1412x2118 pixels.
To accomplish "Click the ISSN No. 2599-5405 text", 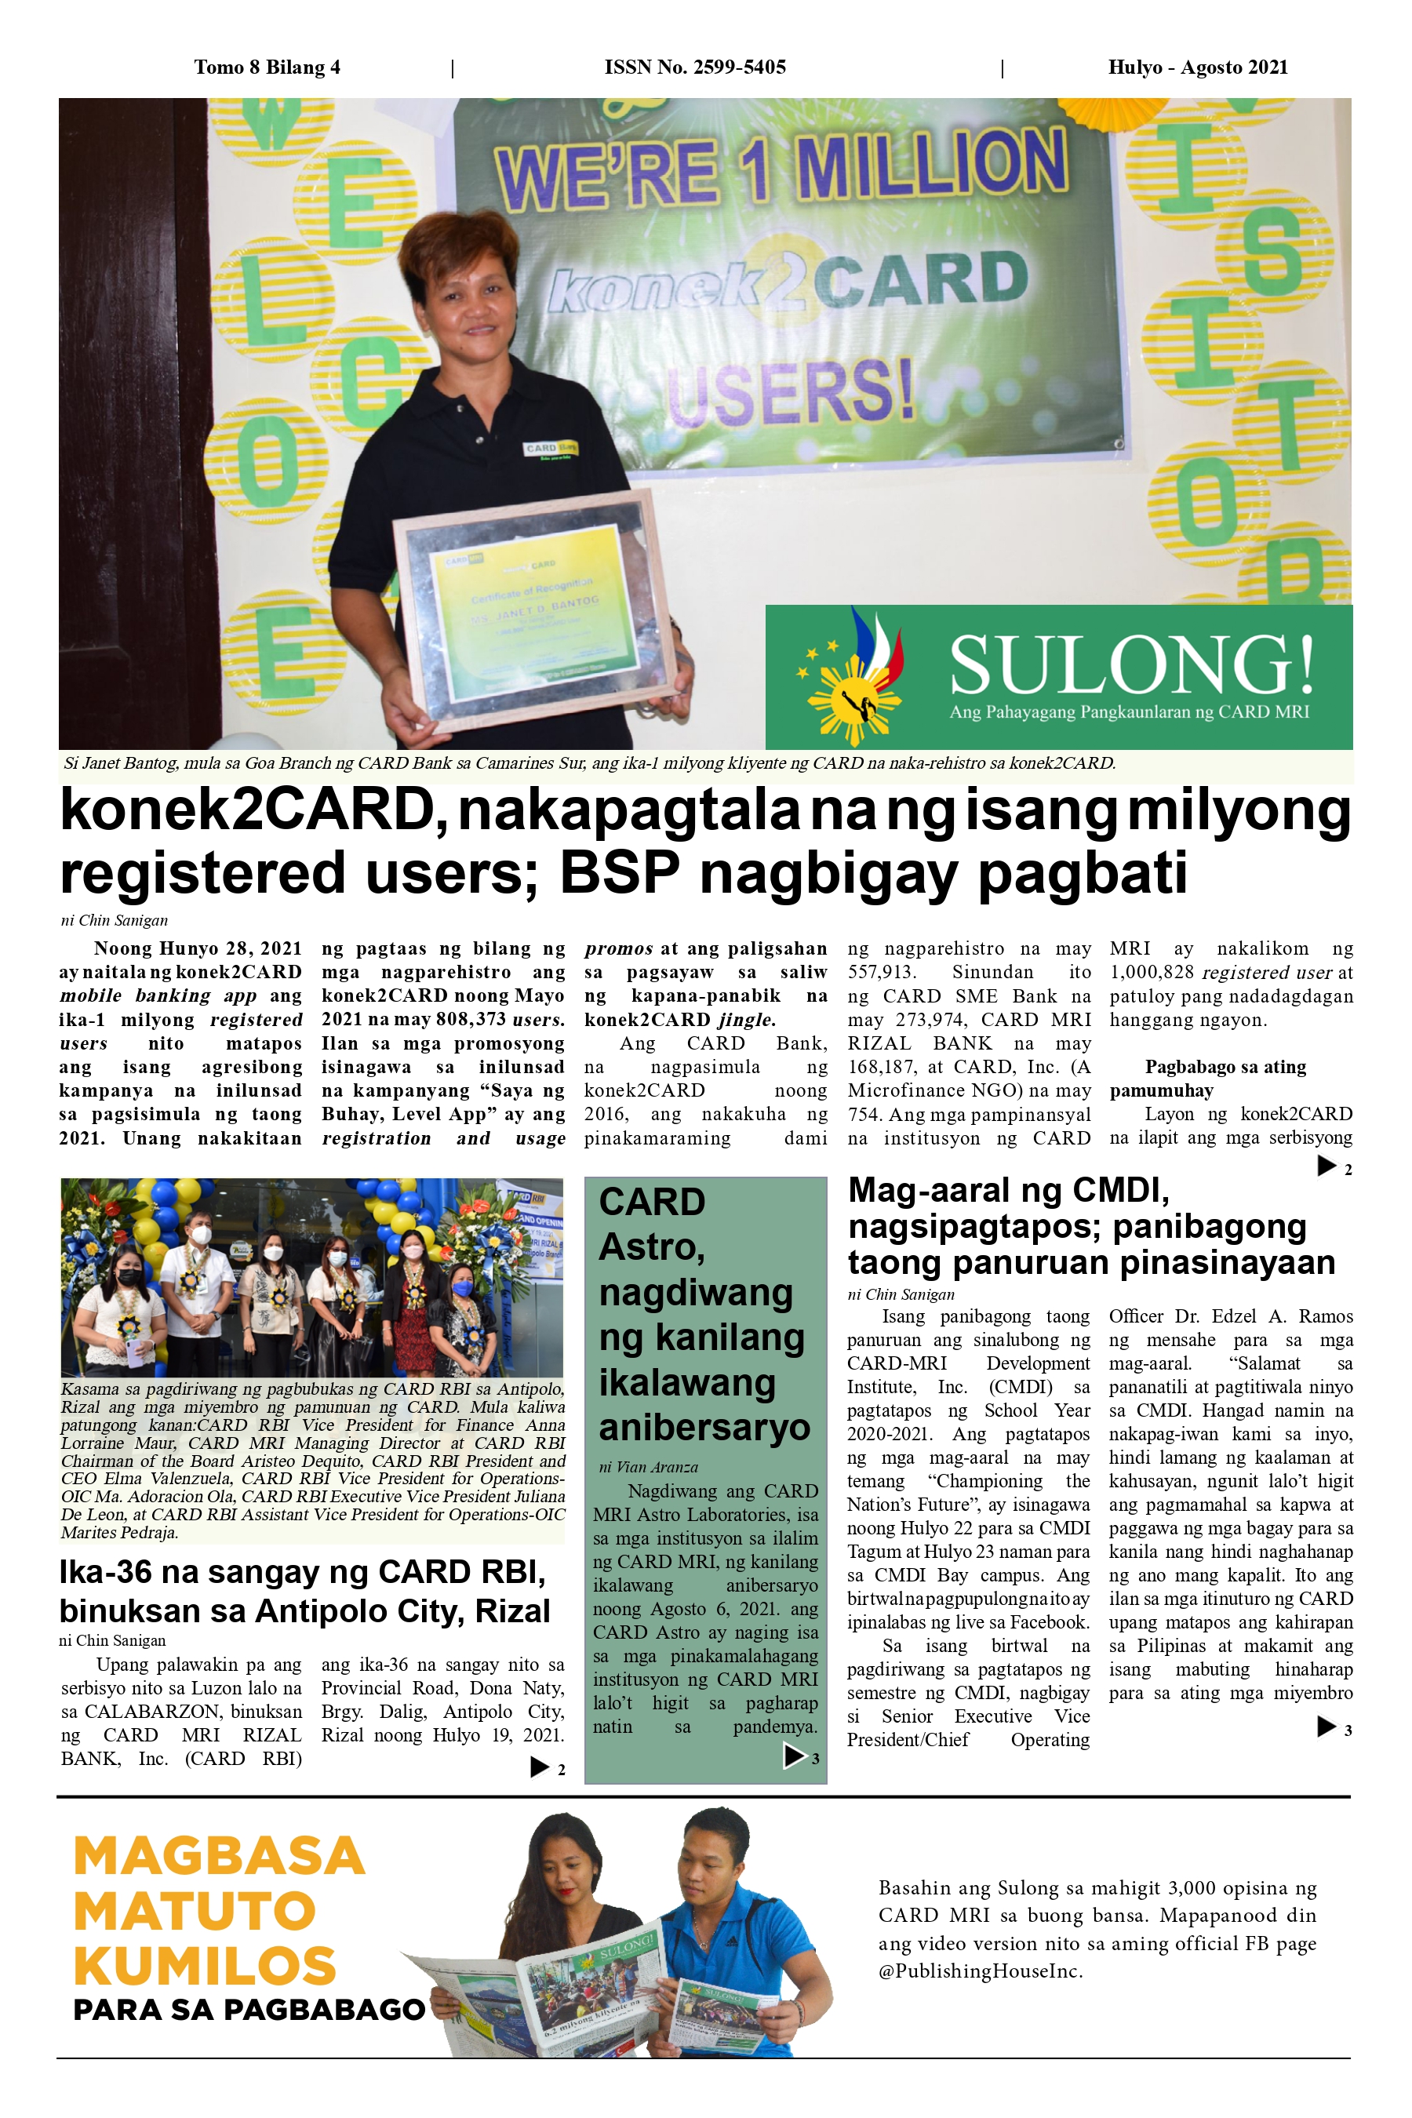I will tap(694, 67).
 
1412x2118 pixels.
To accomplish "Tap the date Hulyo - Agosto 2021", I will tap(1197, 67).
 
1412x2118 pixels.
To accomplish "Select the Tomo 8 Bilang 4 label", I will tap(267, 67).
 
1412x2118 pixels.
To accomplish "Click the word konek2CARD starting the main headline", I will tap(249, 810).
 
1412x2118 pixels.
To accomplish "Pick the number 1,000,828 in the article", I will tap(1152, 973).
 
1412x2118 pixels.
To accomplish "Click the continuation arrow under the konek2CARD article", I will tap(1326, 1166).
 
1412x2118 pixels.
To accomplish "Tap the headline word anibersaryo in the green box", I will tap(704, 1428).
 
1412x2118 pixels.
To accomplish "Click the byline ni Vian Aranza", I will tap(649, 1467).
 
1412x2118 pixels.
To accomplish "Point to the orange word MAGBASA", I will tap(219, 1856).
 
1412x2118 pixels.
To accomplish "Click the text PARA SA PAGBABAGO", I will tap(249, 2009).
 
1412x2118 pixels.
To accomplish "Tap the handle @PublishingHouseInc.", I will tap(980, 1971).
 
